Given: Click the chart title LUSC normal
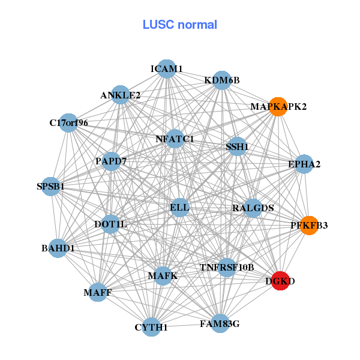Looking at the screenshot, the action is (180, 25).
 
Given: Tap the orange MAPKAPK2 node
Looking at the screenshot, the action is (278, 106).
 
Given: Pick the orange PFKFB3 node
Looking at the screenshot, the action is (308, 226).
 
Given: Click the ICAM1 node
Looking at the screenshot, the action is (166, 69).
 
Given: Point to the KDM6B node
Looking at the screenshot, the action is (222, 80).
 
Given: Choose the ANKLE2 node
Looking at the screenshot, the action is (121, 95).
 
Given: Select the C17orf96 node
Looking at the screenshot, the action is (69, 123).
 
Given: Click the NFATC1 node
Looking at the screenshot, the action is (175, 139).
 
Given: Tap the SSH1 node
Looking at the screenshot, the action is (237, 146).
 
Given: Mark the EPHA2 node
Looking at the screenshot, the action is (304, 164).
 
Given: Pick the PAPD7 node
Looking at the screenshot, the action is (111, 161).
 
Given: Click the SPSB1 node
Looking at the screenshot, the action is (51, 187).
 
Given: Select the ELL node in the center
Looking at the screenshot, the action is (179, 208).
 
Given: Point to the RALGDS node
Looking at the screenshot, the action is (253, 208).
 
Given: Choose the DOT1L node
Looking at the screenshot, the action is (110, 224).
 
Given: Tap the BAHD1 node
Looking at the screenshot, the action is (58, 248).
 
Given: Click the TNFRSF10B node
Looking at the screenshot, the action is (227, 267).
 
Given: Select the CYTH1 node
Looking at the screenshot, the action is (151, 327).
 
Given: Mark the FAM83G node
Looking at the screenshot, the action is (220, 324).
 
